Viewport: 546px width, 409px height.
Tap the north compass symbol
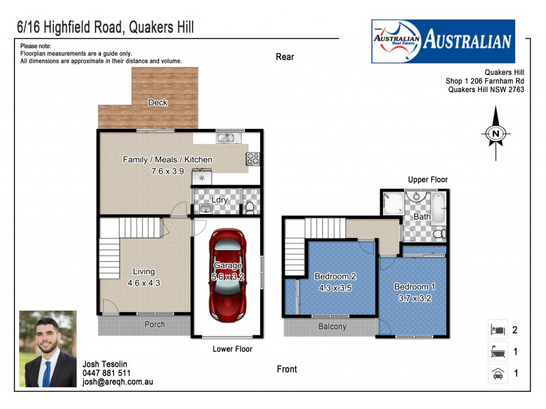pyautogui.click(x=496, y=134)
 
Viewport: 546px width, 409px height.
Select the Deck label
pyautogui.click(x=158, y=103)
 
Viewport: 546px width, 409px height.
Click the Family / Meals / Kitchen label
pyautogui.click(x=167, y=160)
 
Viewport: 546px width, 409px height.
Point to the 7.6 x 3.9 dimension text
pyautogui.click(x=167, y=171)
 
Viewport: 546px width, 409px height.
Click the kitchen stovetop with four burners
pyautogui.click(x=253, y=158)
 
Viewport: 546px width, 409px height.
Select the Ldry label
pyautogui.click(x=219, y=200)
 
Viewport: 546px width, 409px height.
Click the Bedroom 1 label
pyautogui.click(x=414, y=287)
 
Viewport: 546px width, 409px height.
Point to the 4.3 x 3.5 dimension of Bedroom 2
pyautogui.click(x=335, y=288)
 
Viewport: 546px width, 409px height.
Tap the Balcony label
pyautogui.click(x=332, y=327)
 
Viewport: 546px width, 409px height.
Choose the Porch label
pyautogui.click(x=155, y=324)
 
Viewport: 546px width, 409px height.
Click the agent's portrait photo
pyautogui.click(x=48, y=348)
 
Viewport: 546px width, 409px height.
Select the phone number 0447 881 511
pyautogui.click(x=106, y=373)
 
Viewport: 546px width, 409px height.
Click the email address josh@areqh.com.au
pyautogui.click(x=117, y=382)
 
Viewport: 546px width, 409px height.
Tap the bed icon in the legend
pyautogui.click(x=496, y=330)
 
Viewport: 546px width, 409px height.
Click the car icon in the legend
pyautogui.click(x=496, y=374)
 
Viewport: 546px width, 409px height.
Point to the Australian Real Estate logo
pyautogui.click(x=442, y=41)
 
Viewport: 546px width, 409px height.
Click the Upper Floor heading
pyautogui.click(x=427, y=179)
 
